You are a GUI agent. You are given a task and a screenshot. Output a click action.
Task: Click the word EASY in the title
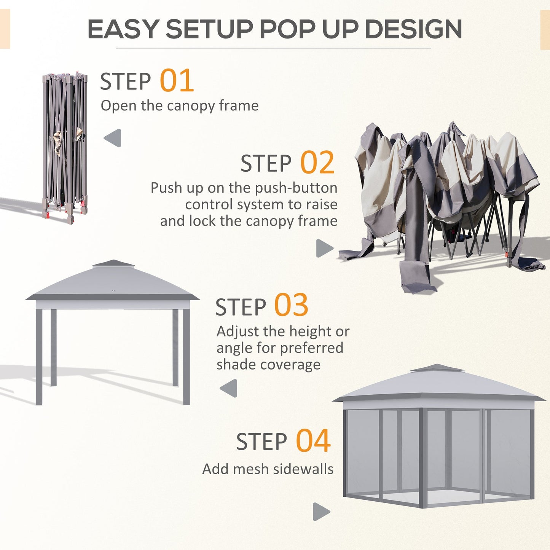click(123, 29)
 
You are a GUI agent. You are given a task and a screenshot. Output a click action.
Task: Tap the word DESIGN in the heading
click(413, 29)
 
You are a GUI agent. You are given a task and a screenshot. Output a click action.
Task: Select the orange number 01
click(177, 81)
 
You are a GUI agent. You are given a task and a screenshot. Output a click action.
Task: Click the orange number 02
click(317, 163)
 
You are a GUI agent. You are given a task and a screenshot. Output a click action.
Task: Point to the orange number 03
click(291, 306)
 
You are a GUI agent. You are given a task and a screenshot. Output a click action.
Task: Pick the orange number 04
click(313, 441)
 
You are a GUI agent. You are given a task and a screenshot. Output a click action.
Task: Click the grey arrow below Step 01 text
click(113, 138)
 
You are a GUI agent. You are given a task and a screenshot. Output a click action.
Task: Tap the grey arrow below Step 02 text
click(324, 248)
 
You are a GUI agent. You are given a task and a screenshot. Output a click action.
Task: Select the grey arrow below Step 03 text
click(229, 388)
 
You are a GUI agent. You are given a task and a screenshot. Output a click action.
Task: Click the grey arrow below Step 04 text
click(321, 512)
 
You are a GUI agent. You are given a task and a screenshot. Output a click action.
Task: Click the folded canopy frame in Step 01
click(65, 147)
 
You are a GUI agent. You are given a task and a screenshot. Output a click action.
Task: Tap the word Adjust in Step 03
click(237, 332)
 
